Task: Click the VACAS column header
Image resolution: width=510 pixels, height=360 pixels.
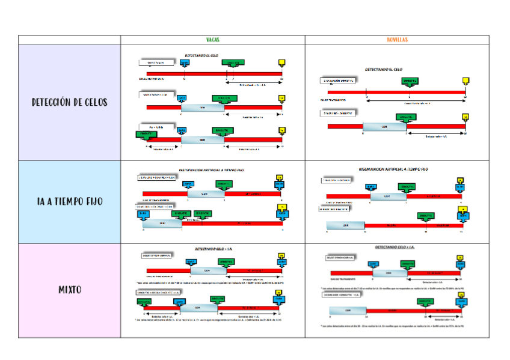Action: point(212,40)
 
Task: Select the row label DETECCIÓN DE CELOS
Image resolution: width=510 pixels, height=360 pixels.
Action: point(69,102)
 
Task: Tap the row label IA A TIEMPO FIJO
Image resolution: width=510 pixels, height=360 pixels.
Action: point(69,202)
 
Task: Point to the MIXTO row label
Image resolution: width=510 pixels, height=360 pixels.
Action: point(70,290)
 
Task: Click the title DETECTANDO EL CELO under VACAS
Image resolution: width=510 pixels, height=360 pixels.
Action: point(201,55)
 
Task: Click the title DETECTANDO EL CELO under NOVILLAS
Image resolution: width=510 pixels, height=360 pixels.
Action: point(387,70)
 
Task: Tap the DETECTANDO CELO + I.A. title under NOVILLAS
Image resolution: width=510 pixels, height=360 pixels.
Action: point(395,248)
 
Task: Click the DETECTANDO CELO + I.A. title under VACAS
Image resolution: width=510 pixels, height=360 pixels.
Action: point(212,249)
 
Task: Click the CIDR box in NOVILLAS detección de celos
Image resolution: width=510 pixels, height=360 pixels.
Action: point(384,127)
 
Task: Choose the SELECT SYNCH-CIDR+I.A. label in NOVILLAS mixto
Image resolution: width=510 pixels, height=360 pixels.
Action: point(343,258)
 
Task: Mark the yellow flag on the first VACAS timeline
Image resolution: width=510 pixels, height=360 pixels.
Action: point(281,63)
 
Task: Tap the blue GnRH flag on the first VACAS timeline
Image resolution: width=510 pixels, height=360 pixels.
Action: point(185,63)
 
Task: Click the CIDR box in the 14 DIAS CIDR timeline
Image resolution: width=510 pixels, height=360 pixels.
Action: point(347,311)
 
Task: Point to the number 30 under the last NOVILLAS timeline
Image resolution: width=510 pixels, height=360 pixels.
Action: point(461,317)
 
